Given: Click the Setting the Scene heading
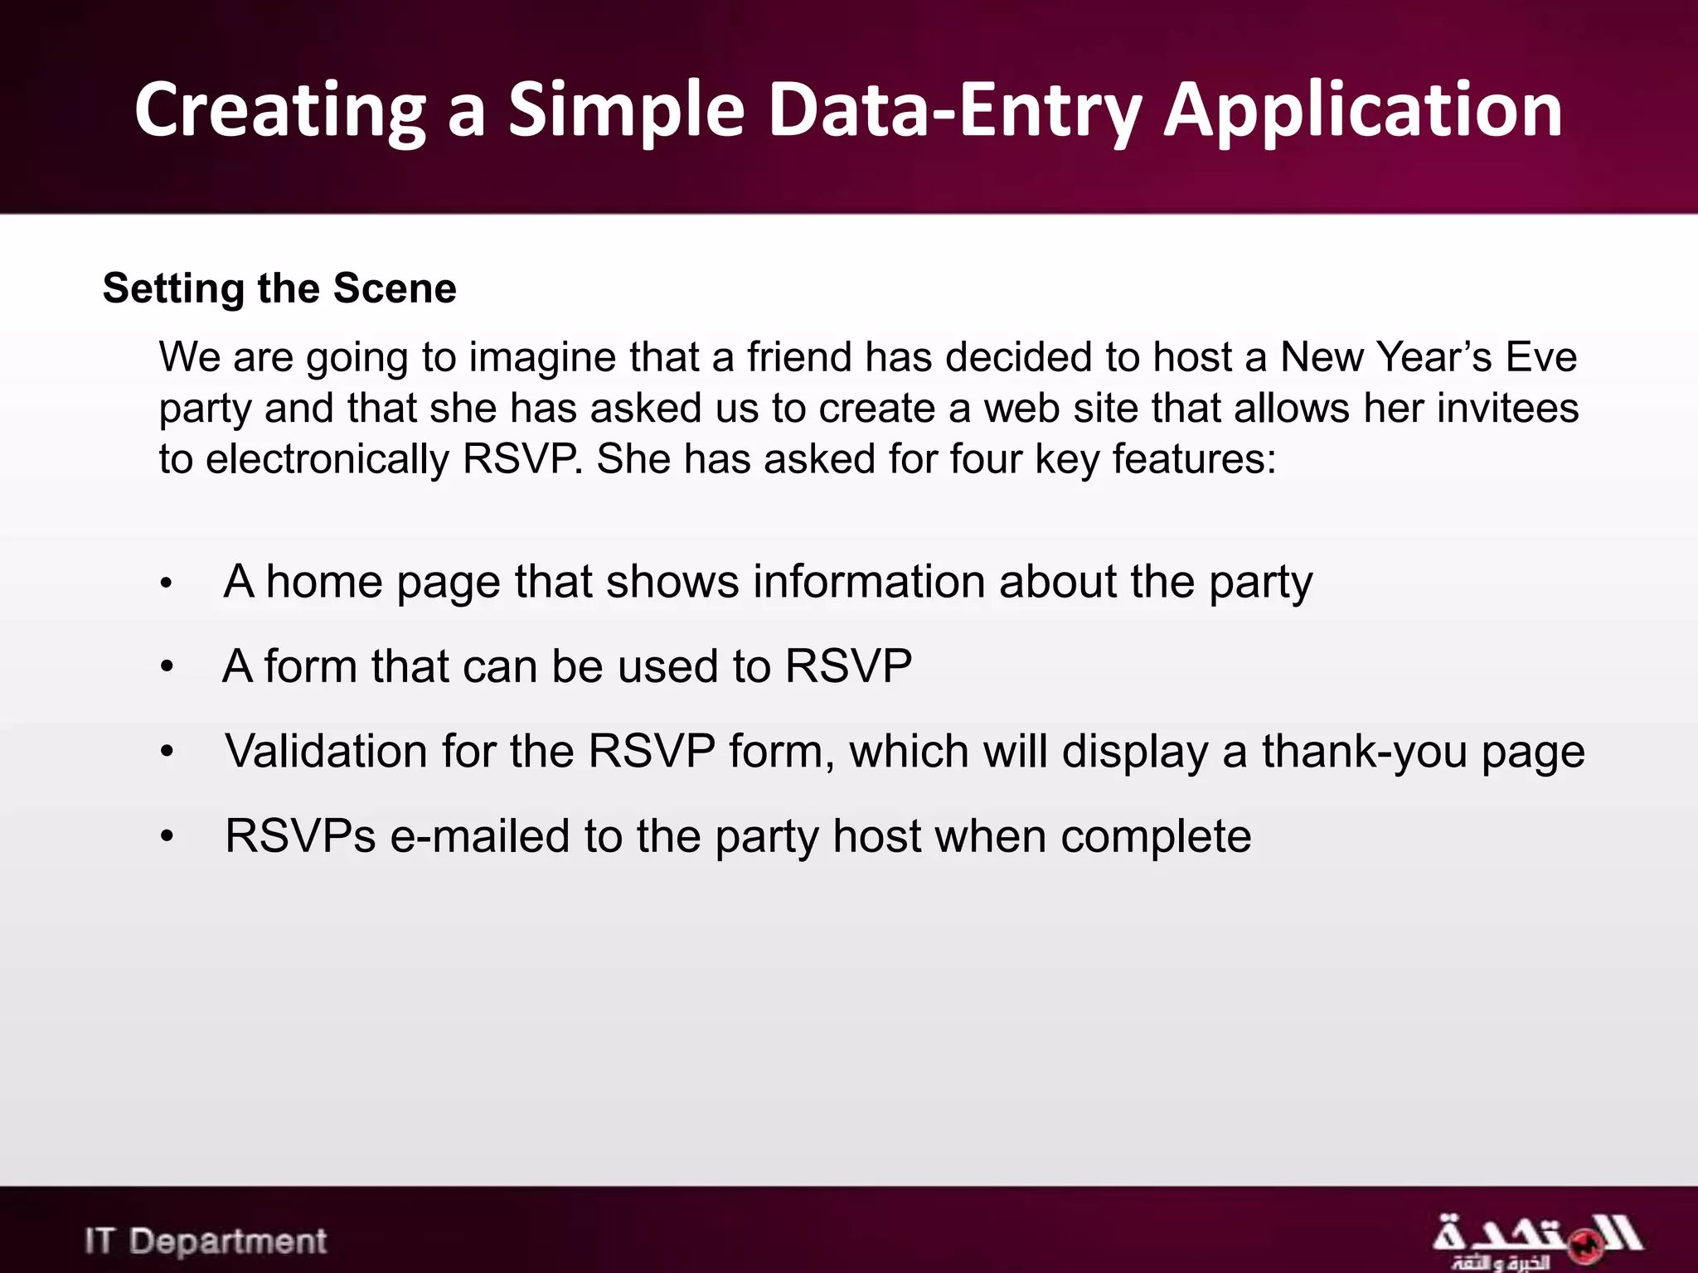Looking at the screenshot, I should click(x=279, y=288).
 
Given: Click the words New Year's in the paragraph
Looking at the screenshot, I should click(x=1385, y=357).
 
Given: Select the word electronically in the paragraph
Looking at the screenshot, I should click(x=327, y=459).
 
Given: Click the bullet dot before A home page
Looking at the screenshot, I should click(x=167, y=583).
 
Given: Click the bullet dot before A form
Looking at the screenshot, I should click(x=167, y=667).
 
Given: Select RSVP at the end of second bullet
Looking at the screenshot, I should click(x=848, y=666).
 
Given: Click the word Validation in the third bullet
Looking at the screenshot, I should click(x=326, y=751).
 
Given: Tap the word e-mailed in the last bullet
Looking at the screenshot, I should click(x=479, y=835).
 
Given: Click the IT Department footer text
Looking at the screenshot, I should click(x=206, y=1241).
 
